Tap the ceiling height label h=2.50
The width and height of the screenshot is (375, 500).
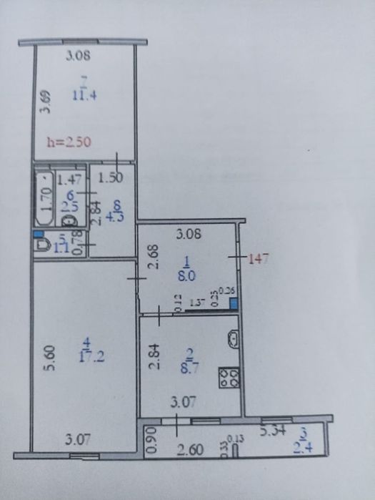[69, 142]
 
